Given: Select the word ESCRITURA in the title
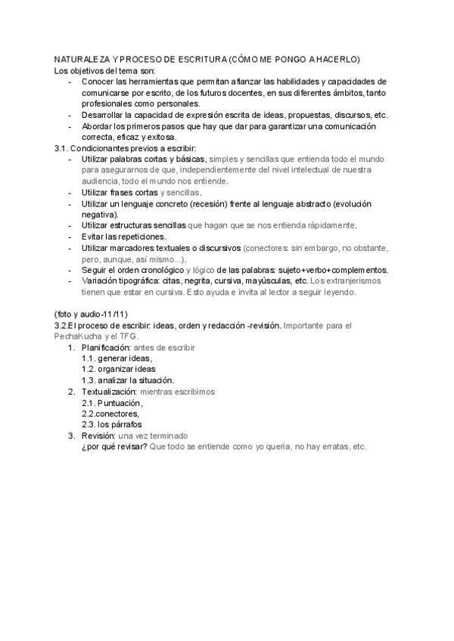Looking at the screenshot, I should pyautogui.click(x=196, y=59).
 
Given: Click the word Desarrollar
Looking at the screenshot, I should pyautogui.click(x=106, y=115).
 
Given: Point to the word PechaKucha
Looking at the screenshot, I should pyautogui.click(x=79, y=336).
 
